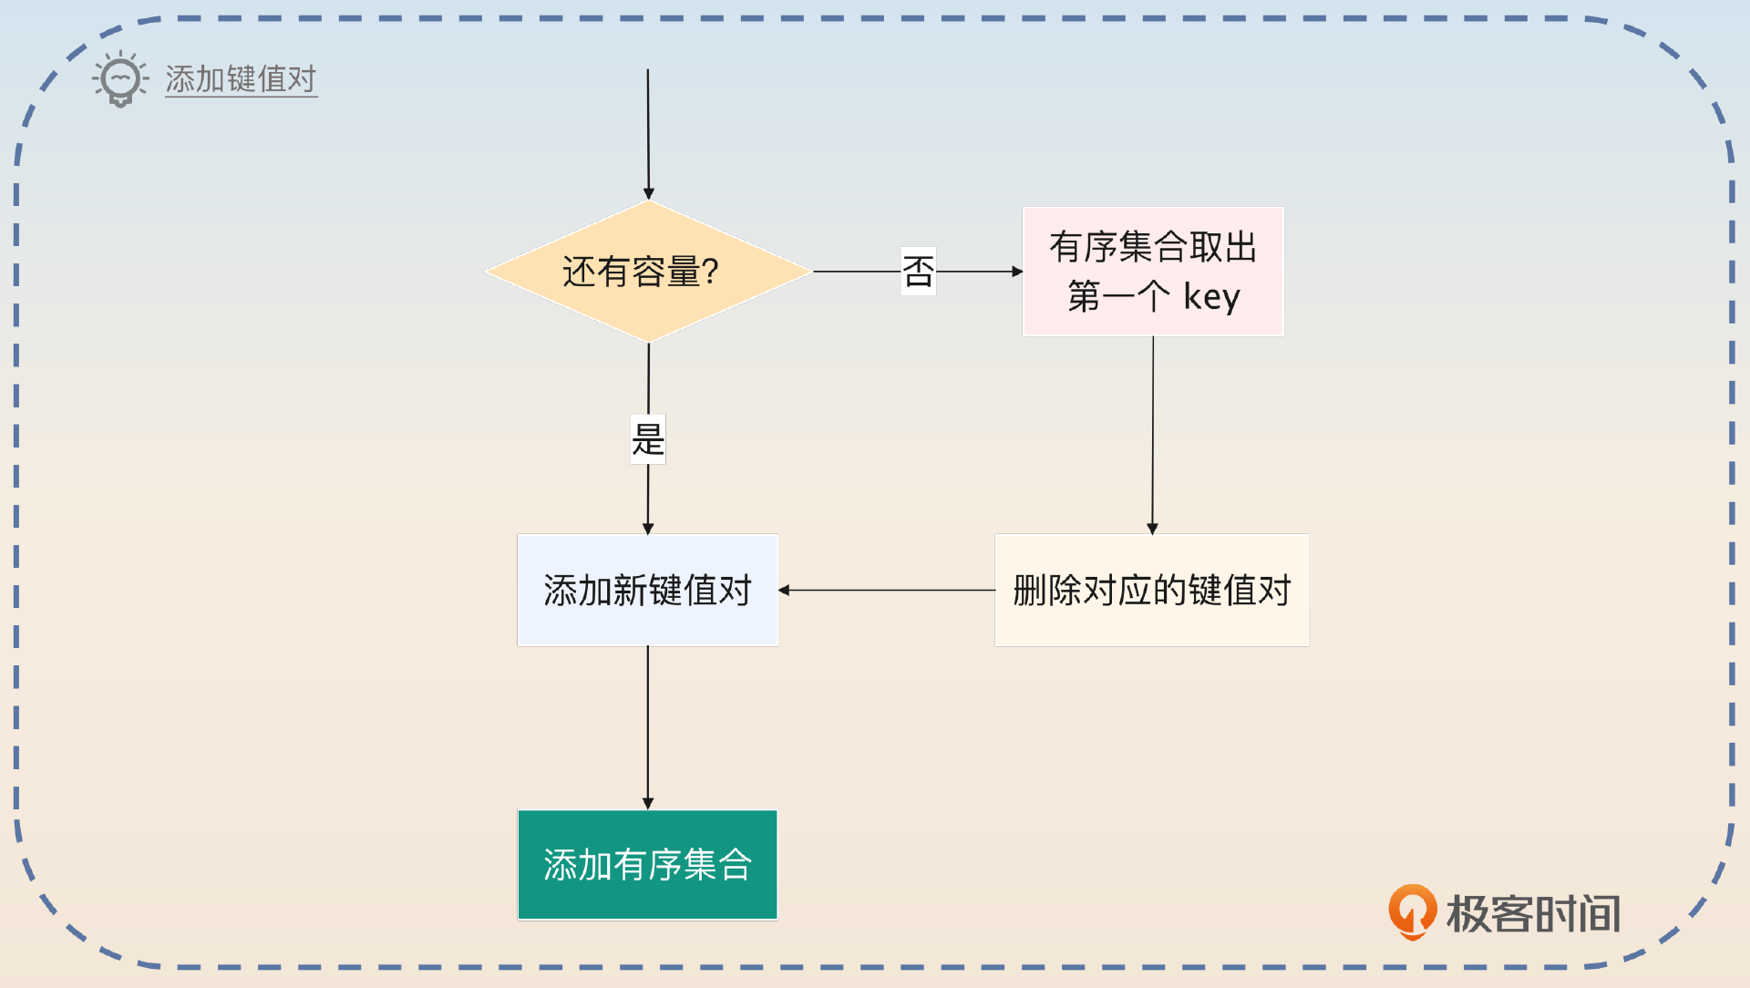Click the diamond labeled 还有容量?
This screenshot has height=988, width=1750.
point(648,272)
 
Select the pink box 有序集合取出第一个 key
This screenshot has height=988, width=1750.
point(1153,272)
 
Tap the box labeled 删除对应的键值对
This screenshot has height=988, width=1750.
point(1151,591)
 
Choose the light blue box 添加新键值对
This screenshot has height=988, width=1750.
point(647,591)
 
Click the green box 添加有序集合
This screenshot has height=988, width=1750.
point(647,865)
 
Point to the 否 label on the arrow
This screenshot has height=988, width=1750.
point(918,272)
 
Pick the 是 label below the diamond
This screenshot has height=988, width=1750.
point(648,439)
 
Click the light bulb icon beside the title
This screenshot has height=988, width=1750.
point(120,79)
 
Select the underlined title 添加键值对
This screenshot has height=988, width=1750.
point(241,79)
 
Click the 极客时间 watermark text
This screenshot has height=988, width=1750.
point(1533,913)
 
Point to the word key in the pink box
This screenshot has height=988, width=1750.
point(1211,297)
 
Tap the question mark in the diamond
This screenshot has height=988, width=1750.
point(710,272)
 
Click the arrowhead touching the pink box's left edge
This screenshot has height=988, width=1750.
point(1017,272)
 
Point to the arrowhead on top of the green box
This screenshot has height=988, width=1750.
point(648,804)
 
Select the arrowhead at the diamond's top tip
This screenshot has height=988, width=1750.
point(649,194)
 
